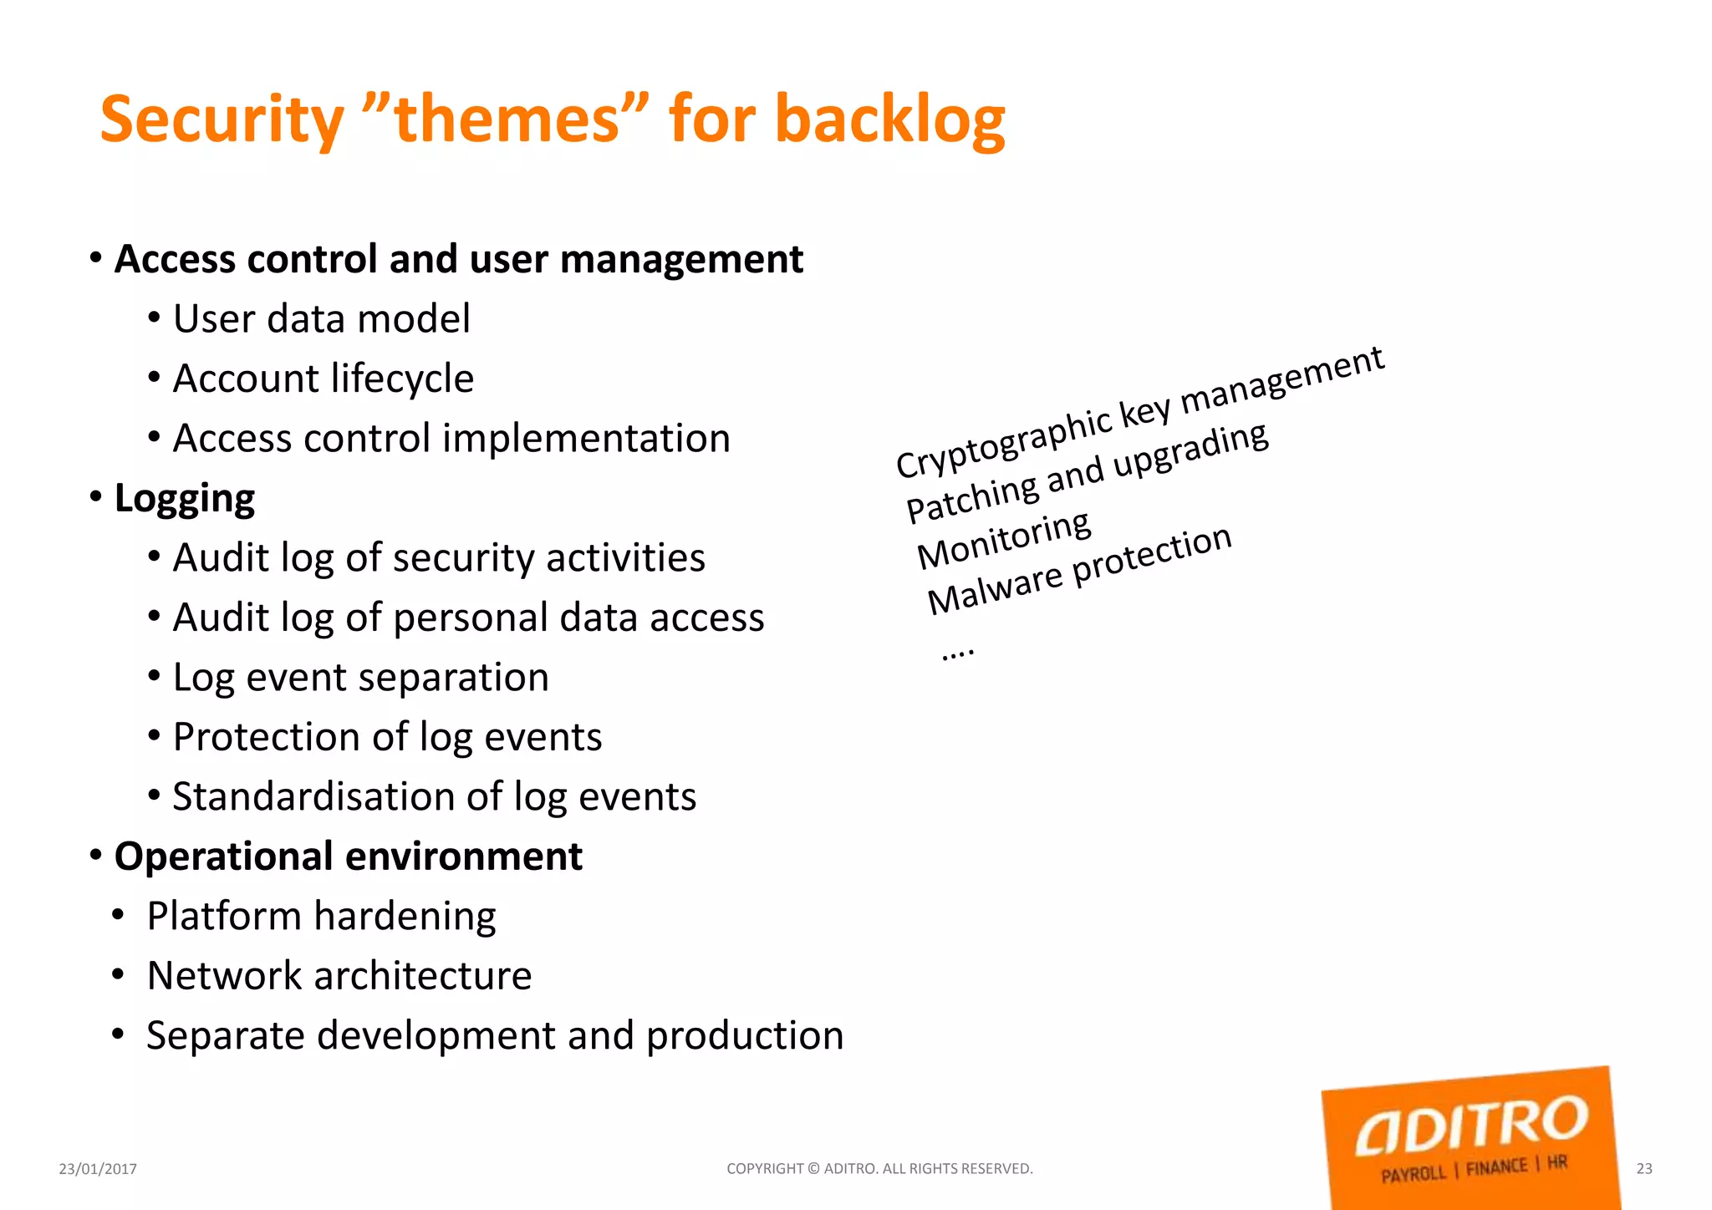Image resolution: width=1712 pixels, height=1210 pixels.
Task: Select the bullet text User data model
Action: coord(321,319)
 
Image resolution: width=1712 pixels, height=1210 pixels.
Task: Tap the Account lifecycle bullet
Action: coord(323,379)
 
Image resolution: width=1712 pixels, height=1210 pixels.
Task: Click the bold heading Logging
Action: coord(184,498)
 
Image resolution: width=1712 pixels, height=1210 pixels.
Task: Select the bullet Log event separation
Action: coord(360,677)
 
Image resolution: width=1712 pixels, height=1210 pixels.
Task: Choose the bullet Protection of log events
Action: coord(387,737)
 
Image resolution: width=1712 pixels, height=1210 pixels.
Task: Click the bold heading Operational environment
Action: coord(348,857)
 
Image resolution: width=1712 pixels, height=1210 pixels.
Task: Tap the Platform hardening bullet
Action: coord(321,916)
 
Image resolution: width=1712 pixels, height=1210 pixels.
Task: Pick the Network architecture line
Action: coord(339,976)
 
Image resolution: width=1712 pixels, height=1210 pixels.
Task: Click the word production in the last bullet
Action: coord(745,1035)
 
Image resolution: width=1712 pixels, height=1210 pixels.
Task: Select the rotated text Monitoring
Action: coord(1003,540)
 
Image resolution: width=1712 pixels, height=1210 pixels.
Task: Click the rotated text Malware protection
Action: coord(1078,570)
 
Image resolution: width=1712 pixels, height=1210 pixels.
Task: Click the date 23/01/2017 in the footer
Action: coord(98,1169)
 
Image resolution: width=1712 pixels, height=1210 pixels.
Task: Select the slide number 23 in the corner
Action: coord(1643,1169)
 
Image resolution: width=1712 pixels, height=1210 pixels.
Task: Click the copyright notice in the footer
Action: coord(879,1169)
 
